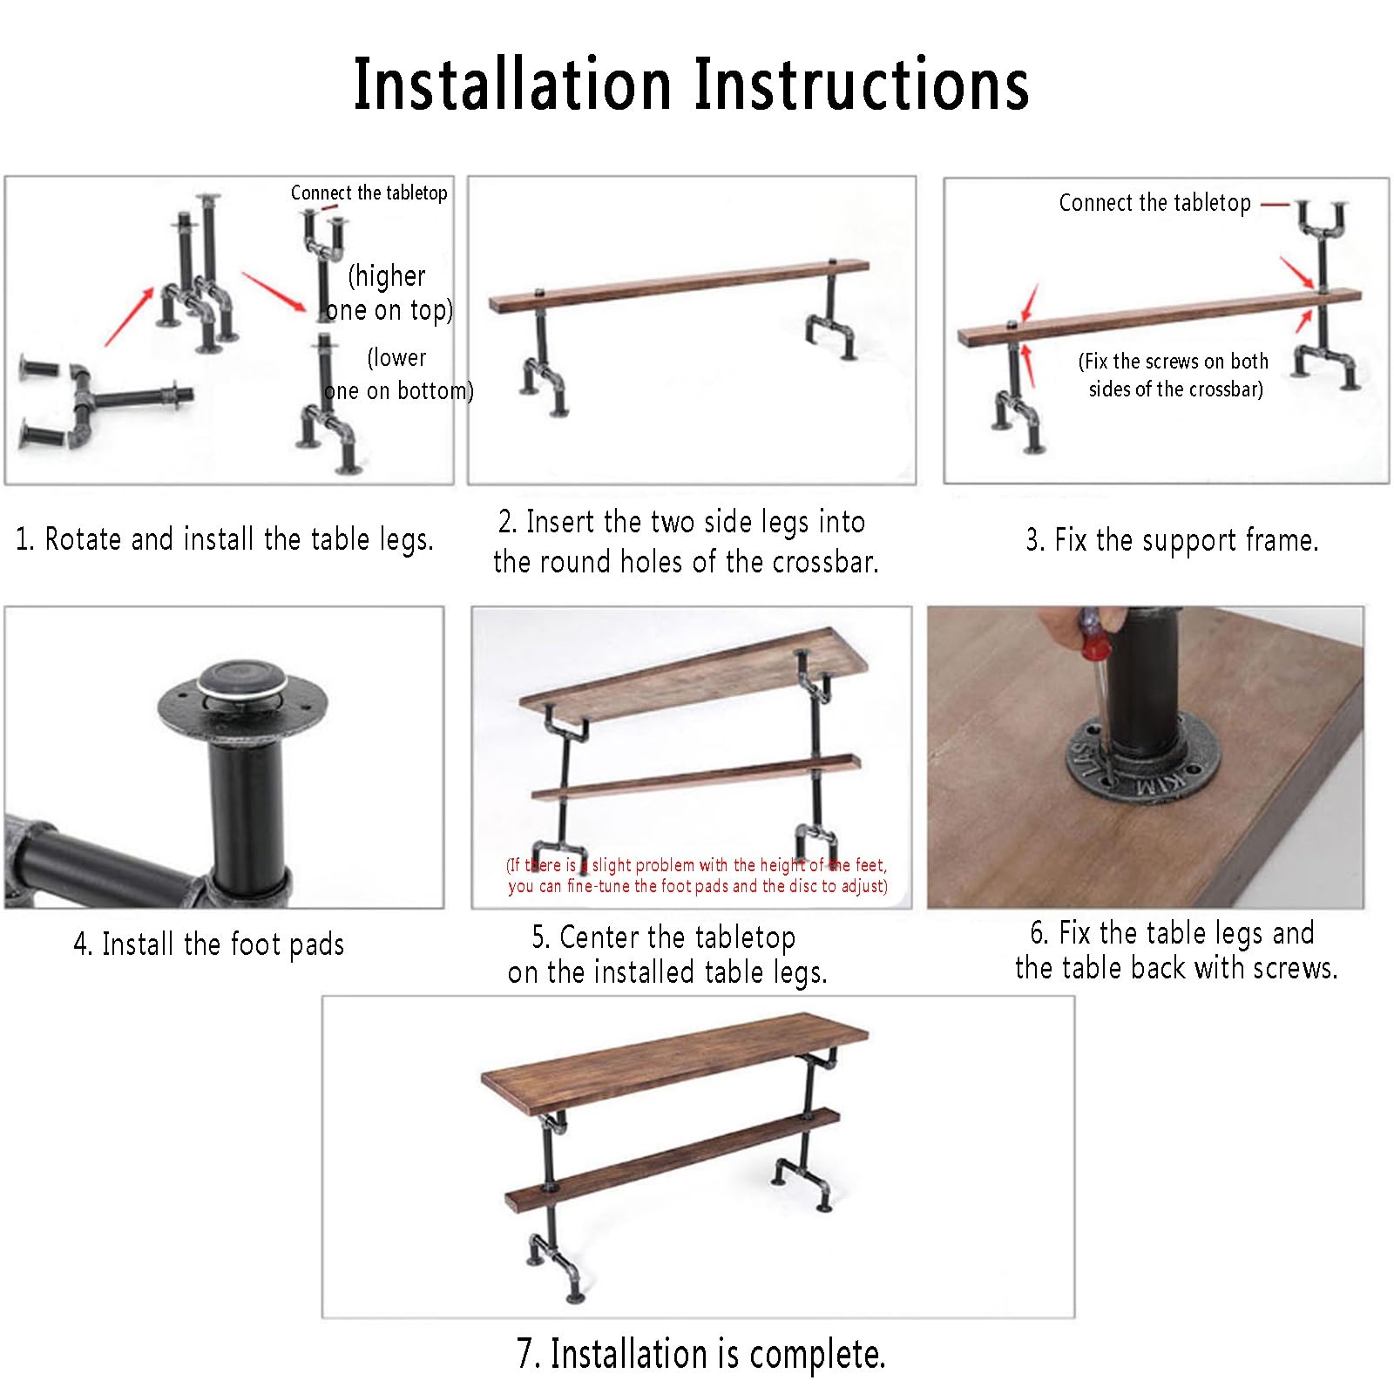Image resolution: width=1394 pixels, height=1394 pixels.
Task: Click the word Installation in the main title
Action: click(x=512, y=85)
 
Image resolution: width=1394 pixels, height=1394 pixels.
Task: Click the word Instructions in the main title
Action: click(x=861, y=85)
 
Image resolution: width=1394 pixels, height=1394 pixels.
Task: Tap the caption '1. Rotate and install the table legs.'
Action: click(x=225, y=539)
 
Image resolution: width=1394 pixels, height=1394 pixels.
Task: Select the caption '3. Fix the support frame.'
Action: click(x=1172, y=540)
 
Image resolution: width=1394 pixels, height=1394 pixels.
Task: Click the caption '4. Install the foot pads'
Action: click(x=209, y=944)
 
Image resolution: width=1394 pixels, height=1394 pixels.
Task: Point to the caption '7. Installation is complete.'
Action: click(x=701, y=1354)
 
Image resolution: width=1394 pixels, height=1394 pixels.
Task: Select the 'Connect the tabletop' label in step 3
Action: click(x=1154, y=203)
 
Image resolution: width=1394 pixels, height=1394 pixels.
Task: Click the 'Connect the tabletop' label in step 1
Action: click(x=369, y=193)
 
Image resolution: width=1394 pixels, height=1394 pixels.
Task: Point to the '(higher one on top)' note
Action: click(x=389, y=293)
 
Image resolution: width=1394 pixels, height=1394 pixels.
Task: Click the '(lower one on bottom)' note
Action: click(x=398, y=374)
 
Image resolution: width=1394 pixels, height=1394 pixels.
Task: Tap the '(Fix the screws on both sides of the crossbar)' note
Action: click(x=1174, y=375)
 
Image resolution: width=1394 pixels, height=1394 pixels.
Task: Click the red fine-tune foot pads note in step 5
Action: click(x=697, y=876)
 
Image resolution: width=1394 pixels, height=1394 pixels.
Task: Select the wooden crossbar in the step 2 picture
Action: click(x=680, y=285)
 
